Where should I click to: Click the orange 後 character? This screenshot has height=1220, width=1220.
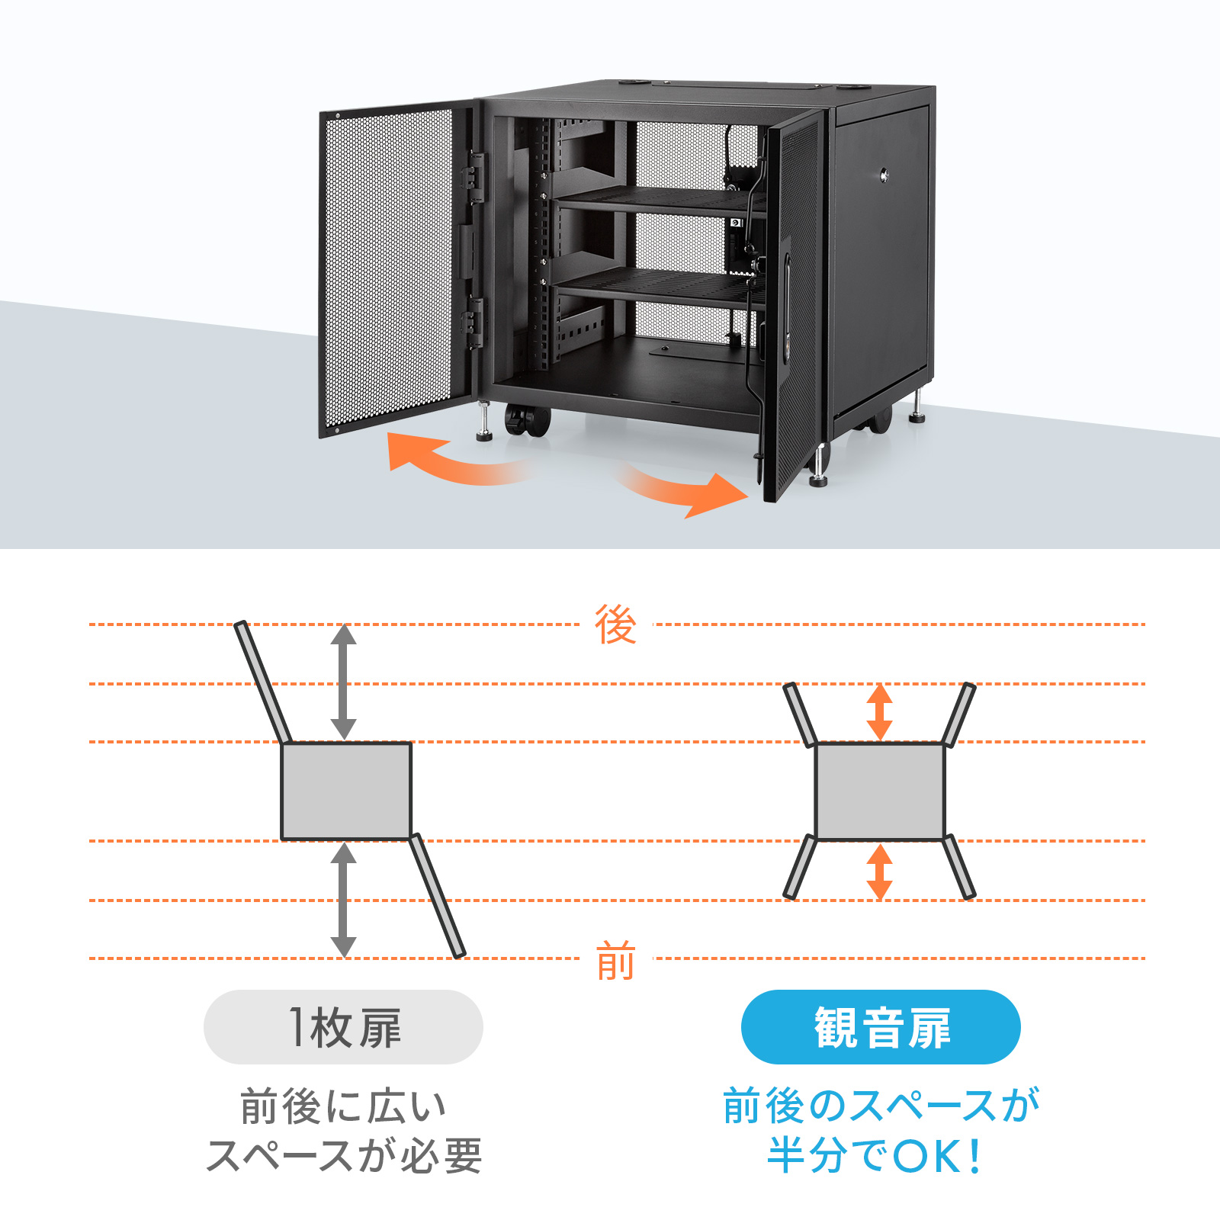[615, 624]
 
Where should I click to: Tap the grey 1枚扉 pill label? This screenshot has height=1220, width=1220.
[343, 1026]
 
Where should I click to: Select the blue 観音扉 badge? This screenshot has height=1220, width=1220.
[881, 1026]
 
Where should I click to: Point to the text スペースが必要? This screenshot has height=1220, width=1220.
[344, 1156]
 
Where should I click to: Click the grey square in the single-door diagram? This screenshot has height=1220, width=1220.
[346, 791]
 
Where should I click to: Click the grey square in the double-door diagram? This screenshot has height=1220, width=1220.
[880, 791]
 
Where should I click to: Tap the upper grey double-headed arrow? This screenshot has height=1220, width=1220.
[343, 682]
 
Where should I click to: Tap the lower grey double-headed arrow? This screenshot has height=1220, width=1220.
[343, 900]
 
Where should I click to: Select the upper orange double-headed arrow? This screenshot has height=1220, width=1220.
[880, 711]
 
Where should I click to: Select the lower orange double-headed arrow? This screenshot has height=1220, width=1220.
[880, 872]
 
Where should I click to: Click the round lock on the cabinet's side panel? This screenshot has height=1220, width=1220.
[884, 174]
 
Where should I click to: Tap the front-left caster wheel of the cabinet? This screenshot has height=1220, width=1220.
[526, 420]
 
